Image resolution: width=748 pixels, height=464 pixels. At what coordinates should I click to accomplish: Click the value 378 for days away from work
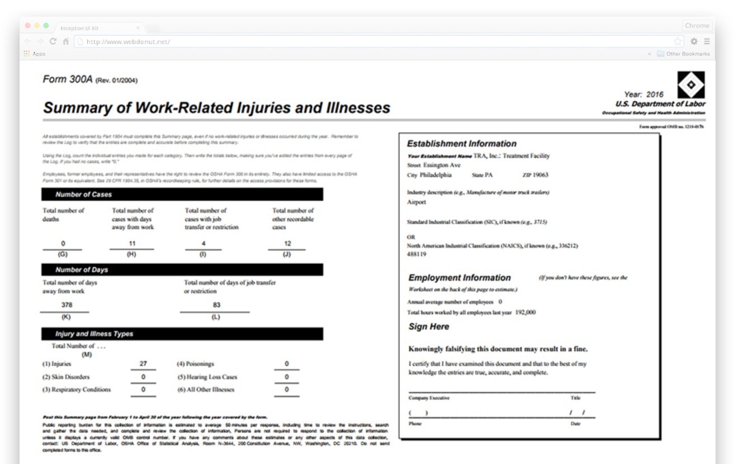pos(67,305)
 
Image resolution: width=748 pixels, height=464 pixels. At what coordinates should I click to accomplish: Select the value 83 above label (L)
pos(217,305)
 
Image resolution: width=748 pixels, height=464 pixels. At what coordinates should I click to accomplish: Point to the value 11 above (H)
pos(132,244)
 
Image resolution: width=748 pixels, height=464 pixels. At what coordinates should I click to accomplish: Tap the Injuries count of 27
pos(143,364)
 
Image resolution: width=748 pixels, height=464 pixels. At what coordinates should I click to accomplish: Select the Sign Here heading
pos(429,326)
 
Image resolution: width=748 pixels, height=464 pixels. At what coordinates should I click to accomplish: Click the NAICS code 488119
pos(416,254)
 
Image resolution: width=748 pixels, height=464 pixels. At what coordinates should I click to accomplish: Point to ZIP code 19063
pos(539,175)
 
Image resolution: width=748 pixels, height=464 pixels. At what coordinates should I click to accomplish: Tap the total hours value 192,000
pos(525,313)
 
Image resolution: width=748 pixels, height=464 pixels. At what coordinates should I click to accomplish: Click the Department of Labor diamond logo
pos(691,85)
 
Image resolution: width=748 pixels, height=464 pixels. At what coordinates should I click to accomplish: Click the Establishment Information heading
pos(462,144)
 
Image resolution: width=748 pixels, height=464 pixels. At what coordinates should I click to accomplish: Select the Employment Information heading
pos(460,278)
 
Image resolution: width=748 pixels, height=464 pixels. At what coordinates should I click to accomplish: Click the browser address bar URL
pos(128,41)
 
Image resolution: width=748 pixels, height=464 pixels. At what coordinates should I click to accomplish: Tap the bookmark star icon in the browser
pos(678,41)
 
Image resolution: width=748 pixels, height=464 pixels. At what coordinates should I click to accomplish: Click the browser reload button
pos(53,41)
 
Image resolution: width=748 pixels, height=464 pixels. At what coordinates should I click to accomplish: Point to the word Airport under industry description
pos(416,202)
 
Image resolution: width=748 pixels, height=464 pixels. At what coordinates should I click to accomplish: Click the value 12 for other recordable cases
pos(287,244)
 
